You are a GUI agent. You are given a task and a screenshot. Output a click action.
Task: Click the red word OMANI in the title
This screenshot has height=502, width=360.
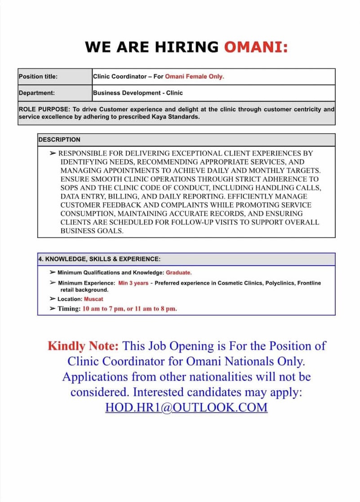coord(256,47)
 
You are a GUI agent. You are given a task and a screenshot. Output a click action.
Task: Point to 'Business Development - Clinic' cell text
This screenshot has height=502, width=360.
coord(138,93)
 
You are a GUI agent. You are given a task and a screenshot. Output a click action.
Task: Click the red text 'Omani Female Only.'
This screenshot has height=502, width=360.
coord(195,76)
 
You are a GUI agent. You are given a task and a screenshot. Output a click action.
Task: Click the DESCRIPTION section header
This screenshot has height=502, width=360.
coord(59,140)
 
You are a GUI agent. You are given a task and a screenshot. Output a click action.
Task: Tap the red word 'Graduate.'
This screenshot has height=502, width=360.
coord(179,273)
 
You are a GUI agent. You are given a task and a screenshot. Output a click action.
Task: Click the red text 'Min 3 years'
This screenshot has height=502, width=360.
coord(133,283)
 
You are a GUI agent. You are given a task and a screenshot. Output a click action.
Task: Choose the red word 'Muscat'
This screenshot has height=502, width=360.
coord(93,299)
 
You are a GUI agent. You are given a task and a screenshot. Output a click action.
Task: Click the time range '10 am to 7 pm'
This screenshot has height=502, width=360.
coord(103,309)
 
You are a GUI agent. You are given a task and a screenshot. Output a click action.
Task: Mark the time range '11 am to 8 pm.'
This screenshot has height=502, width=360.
coord(156,309)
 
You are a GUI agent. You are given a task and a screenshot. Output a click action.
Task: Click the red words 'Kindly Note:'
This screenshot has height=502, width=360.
coord(83,346)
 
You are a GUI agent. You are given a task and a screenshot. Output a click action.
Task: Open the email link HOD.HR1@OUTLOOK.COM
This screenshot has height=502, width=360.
coord(186,408)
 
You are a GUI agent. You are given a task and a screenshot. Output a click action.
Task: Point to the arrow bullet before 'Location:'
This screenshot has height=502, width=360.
coord(53,299)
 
